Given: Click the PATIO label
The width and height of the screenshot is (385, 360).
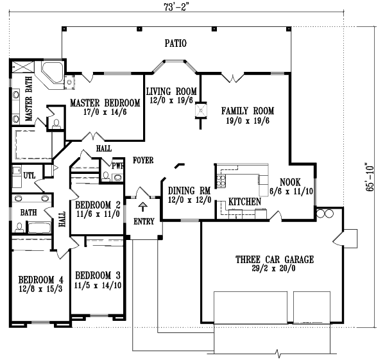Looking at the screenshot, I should pos(175,44).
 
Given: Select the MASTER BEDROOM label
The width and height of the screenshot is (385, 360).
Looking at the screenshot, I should pos(105,103).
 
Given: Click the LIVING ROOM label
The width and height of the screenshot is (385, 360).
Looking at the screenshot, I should pos(171,91).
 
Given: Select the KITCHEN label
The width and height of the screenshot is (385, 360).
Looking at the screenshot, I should pos(245,201).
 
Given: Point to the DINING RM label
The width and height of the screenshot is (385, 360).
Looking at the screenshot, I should pos(189,191).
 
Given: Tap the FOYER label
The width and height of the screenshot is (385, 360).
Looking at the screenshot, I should pos(142,160).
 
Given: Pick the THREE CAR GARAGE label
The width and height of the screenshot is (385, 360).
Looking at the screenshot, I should pos(274,260).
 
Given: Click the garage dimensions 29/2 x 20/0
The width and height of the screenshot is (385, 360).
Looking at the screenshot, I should pos(274,270).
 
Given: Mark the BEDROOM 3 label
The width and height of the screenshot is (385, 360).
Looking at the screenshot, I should pos(96,275).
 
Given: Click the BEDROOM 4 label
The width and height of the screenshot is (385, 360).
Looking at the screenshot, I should pos(40,280).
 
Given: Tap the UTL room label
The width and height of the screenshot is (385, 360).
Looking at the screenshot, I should pos(30,175).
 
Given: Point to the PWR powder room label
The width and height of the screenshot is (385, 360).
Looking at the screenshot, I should pos(117,165).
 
